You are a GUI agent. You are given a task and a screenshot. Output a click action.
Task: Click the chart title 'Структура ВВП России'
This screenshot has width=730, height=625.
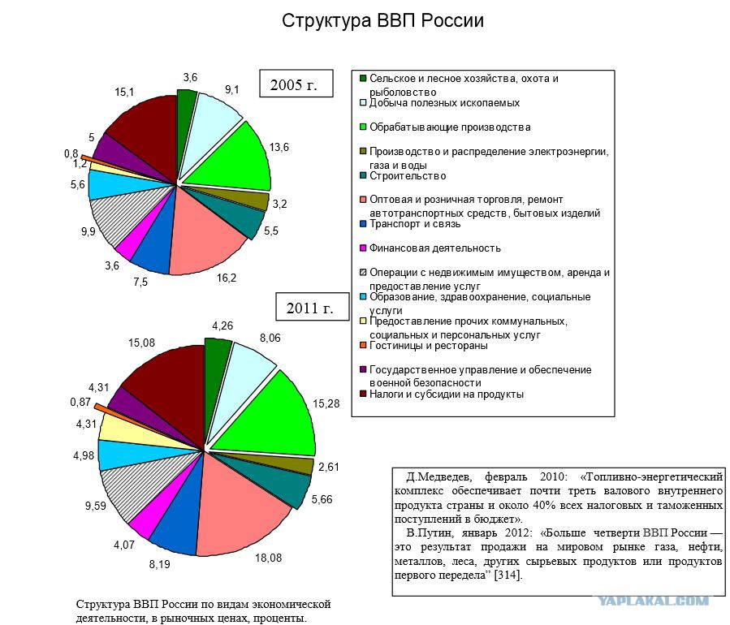(382, 21)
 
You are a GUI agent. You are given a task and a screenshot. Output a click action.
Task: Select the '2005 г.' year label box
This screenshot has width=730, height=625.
(296, 84)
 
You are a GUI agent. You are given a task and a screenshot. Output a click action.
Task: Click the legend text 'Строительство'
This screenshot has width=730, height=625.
(408, 176)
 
